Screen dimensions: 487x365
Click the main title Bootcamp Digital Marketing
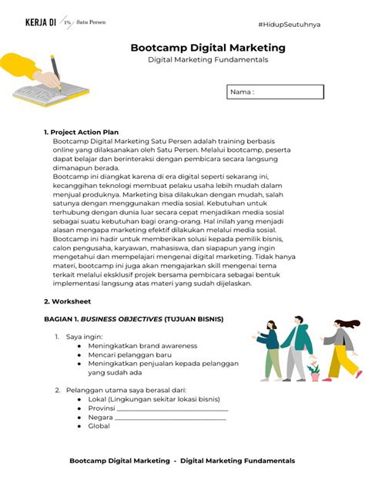pyautogui.click(x=208, y=48)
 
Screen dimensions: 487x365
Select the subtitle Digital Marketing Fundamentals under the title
pyautogui.click(x=208, y=61)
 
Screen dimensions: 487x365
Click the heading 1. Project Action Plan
pyautogui.click(x=82, y=133)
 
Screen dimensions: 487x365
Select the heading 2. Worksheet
pyautogui.click(x=67, y=301)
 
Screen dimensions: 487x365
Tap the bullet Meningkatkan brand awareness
pyautogui.click(x=138, y=345)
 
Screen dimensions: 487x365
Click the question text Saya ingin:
pyautogui.click(x=82, y=337)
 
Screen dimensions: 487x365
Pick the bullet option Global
pyautogui.click(x=99, y=426)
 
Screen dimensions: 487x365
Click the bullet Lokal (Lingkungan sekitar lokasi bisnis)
pyautogui.click(x=153, y=399)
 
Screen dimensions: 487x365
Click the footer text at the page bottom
pyautogui.click(x=182, y=461)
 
